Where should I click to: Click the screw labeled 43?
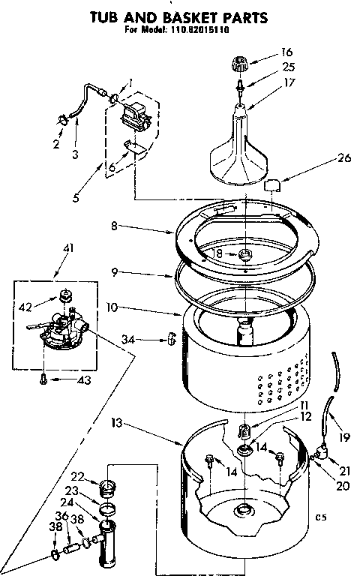[44, 379]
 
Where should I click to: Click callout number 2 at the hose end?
[55, 145]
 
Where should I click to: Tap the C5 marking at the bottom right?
[322, 517]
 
